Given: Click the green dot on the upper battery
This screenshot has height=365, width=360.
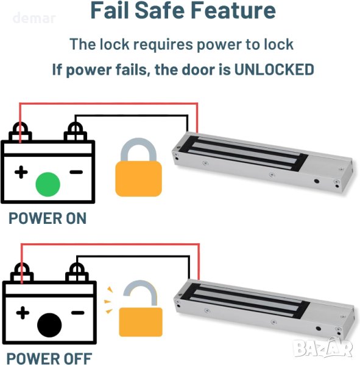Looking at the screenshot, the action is pos(48,184).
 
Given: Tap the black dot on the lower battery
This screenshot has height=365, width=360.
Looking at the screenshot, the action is pos(49,325).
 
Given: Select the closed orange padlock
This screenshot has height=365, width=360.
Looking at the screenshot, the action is pos(138,167).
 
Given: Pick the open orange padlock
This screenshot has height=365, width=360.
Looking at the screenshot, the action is pos(140,308).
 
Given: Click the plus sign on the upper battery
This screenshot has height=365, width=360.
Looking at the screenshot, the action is pos(21,172).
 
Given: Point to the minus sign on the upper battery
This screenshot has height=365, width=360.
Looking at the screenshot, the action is pos(76,172).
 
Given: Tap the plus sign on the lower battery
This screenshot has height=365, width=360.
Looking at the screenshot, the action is pos(23,313).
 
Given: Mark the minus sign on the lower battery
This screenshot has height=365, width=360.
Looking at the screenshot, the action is pos(77,313).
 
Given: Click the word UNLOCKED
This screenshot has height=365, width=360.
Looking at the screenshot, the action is pos(274,69).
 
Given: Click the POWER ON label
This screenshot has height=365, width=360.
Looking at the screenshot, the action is pos(48,218).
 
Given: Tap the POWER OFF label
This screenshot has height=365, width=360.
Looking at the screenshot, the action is pos(49,358).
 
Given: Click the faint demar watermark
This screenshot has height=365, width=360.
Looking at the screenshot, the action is pos(34,18).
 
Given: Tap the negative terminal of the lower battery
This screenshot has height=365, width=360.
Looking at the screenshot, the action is pos(77,273).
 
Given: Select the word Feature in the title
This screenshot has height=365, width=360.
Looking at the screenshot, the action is pos(233,10).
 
